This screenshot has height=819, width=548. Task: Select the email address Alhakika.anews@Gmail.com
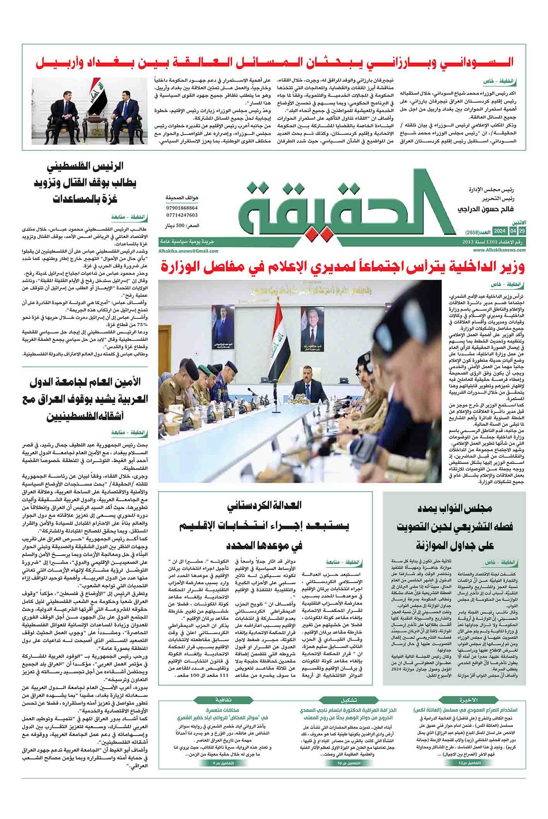188,251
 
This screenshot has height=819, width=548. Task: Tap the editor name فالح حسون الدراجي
481,209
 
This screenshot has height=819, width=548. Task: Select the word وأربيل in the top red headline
57,63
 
